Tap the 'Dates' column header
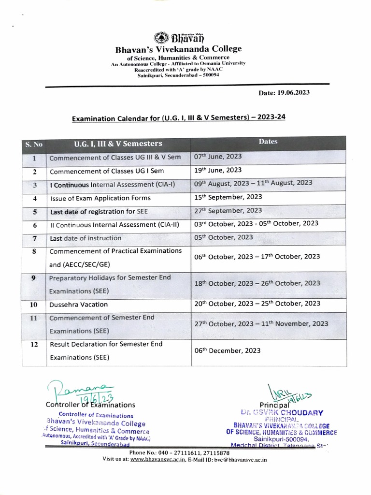pyautogui.click(x=268, y=142)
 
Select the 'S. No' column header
pyautogui.click(x=34, y=144)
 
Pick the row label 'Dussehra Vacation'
pyautogui.click(x=79, y=305)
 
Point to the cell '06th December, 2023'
pyautogui.click(x=227, y=350)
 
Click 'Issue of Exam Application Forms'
pyautogui.click(x=100, y=198)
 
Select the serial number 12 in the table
pyautogui.click(x=34, y=345)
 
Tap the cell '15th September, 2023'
pyautogui.click(x=228, y=198)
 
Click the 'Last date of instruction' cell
pyautogui.click(x=86, y=238)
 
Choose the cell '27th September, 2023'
pyautogui.click(x=228, y=210)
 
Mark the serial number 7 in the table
pyautogui.click(x=34, y=238)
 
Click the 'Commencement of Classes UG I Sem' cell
pyautogui.click(x=107, y=171)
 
